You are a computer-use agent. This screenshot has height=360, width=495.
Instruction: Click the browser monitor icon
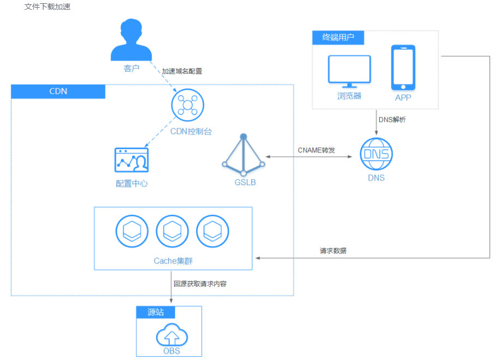click(349, 71)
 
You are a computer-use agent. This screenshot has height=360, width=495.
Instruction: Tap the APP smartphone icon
click(403, 68)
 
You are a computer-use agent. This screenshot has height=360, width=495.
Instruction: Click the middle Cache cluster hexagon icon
click(172, 232)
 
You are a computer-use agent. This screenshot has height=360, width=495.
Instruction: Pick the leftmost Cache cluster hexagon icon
click(132, 232)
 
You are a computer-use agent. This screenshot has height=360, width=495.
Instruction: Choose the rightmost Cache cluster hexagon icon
click(213, 232)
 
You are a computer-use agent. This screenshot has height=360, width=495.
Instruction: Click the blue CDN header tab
click(58, 91)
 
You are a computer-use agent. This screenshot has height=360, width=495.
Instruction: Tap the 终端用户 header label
click(338, 38)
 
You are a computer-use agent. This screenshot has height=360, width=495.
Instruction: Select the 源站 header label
click(156, 312)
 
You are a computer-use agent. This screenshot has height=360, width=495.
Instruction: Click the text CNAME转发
click(316, 150)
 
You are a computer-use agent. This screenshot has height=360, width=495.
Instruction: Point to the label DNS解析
click(392, 120)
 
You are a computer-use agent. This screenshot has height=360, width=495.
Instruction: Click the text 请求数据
click(333, 251)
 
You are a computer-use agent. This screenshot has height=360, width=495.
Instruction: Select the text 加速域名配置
click(182, 71)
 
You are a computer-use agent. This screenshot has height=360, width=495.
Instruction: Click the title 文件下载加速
click(47, 7)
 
